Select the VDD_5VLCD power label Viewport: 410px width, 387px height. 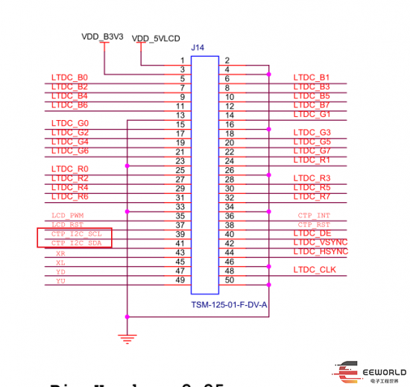[157, 38]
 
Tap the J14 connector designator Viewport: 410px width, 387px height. [198, 48]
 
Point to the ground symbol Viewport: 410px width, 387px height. [128, 338]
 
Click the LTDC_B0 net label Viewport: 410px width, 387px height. [70, 78]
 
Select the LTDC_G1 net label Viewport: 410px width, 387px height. [312, 114]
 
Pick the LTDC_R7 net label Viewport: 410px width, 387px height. [312, 197]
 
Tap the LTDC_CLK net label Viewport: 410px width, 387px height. [315, 269]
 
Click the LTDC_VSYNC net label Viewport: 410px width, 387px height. [321, 242]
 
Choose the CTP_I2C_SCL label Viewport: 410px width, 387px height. [76, 233]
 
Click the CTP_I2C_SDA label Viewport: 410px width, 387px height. [76, 243]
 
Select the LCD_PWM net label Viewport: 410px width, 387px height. [68, 215]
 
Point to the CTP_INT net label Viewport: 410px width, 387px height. [313, 215]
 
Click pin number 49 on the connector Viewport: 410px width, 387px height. [179, 280]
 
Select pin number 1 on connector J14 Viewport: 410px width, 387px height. [182, 60]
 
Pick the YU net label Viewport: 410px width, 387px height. [60, 280]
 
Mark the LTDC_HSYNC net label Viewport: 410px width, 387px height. [321, 251]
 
